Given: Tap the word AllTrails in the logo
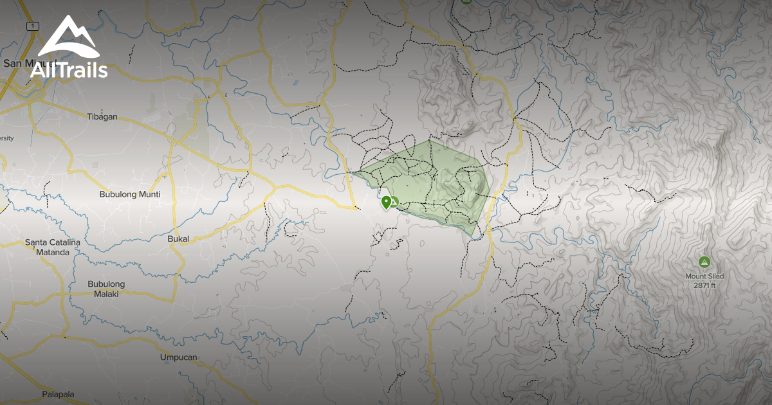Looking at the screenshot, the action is pos(69,70).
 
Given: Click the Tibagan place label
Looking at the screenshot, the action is pos(102,116).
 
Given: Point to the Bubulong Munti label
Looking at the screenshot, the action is pos(129,194).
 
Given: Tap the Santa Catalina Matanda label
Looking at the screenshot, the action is pos(52,248).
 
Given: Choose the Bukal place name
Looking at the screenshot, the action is pos(178,239).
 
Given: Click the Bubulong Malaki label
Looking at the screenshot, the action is pos(106,289).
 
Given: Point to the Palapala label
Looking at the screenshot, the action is pos(58,393).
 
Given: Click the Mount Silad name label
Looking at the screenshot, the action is pos(704,276).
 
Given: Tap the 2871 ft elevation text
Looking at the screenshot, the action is pos(704,285).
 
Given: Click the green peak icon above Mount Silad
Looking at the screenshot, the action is pos(704,262).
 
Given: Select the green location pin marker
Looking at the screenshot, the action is pos(386,203).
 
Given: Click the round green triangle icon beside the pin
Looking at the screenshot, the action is pos(394,203).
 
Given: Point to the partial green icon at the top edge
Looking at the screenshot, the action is pos(466,2).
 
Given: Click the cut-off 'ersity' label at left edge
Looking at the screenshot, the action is pos(6,138).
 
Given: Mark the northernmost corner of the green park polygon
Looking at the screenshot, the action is pos(429,140).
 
